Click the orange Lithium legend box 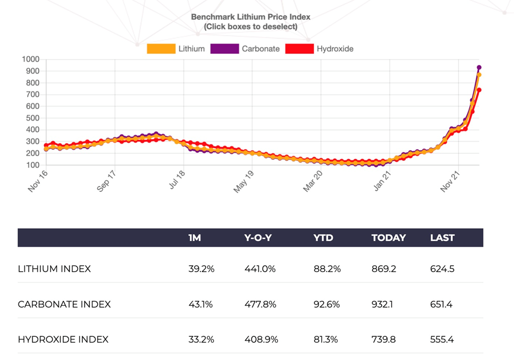[160, 49]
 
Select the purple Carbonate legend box [224, 49]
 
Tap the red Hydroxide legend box [299, 49]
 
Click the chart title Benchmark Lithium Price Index [250, 17]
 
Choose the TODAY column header [389, 238]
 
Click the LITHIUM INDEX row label [54, 269]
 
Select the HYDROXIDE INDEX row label [63, 339]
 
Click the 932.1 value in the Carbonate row [384, 304]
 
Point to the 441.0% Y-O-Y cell [260, 269]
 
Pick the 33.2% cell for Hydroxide [201, 339]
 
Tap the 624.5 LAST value [442, 269]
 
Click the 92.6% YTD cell [327, 304]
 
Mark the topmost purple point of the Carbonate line [479, 67]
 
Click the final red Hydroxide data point [479, 90]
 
